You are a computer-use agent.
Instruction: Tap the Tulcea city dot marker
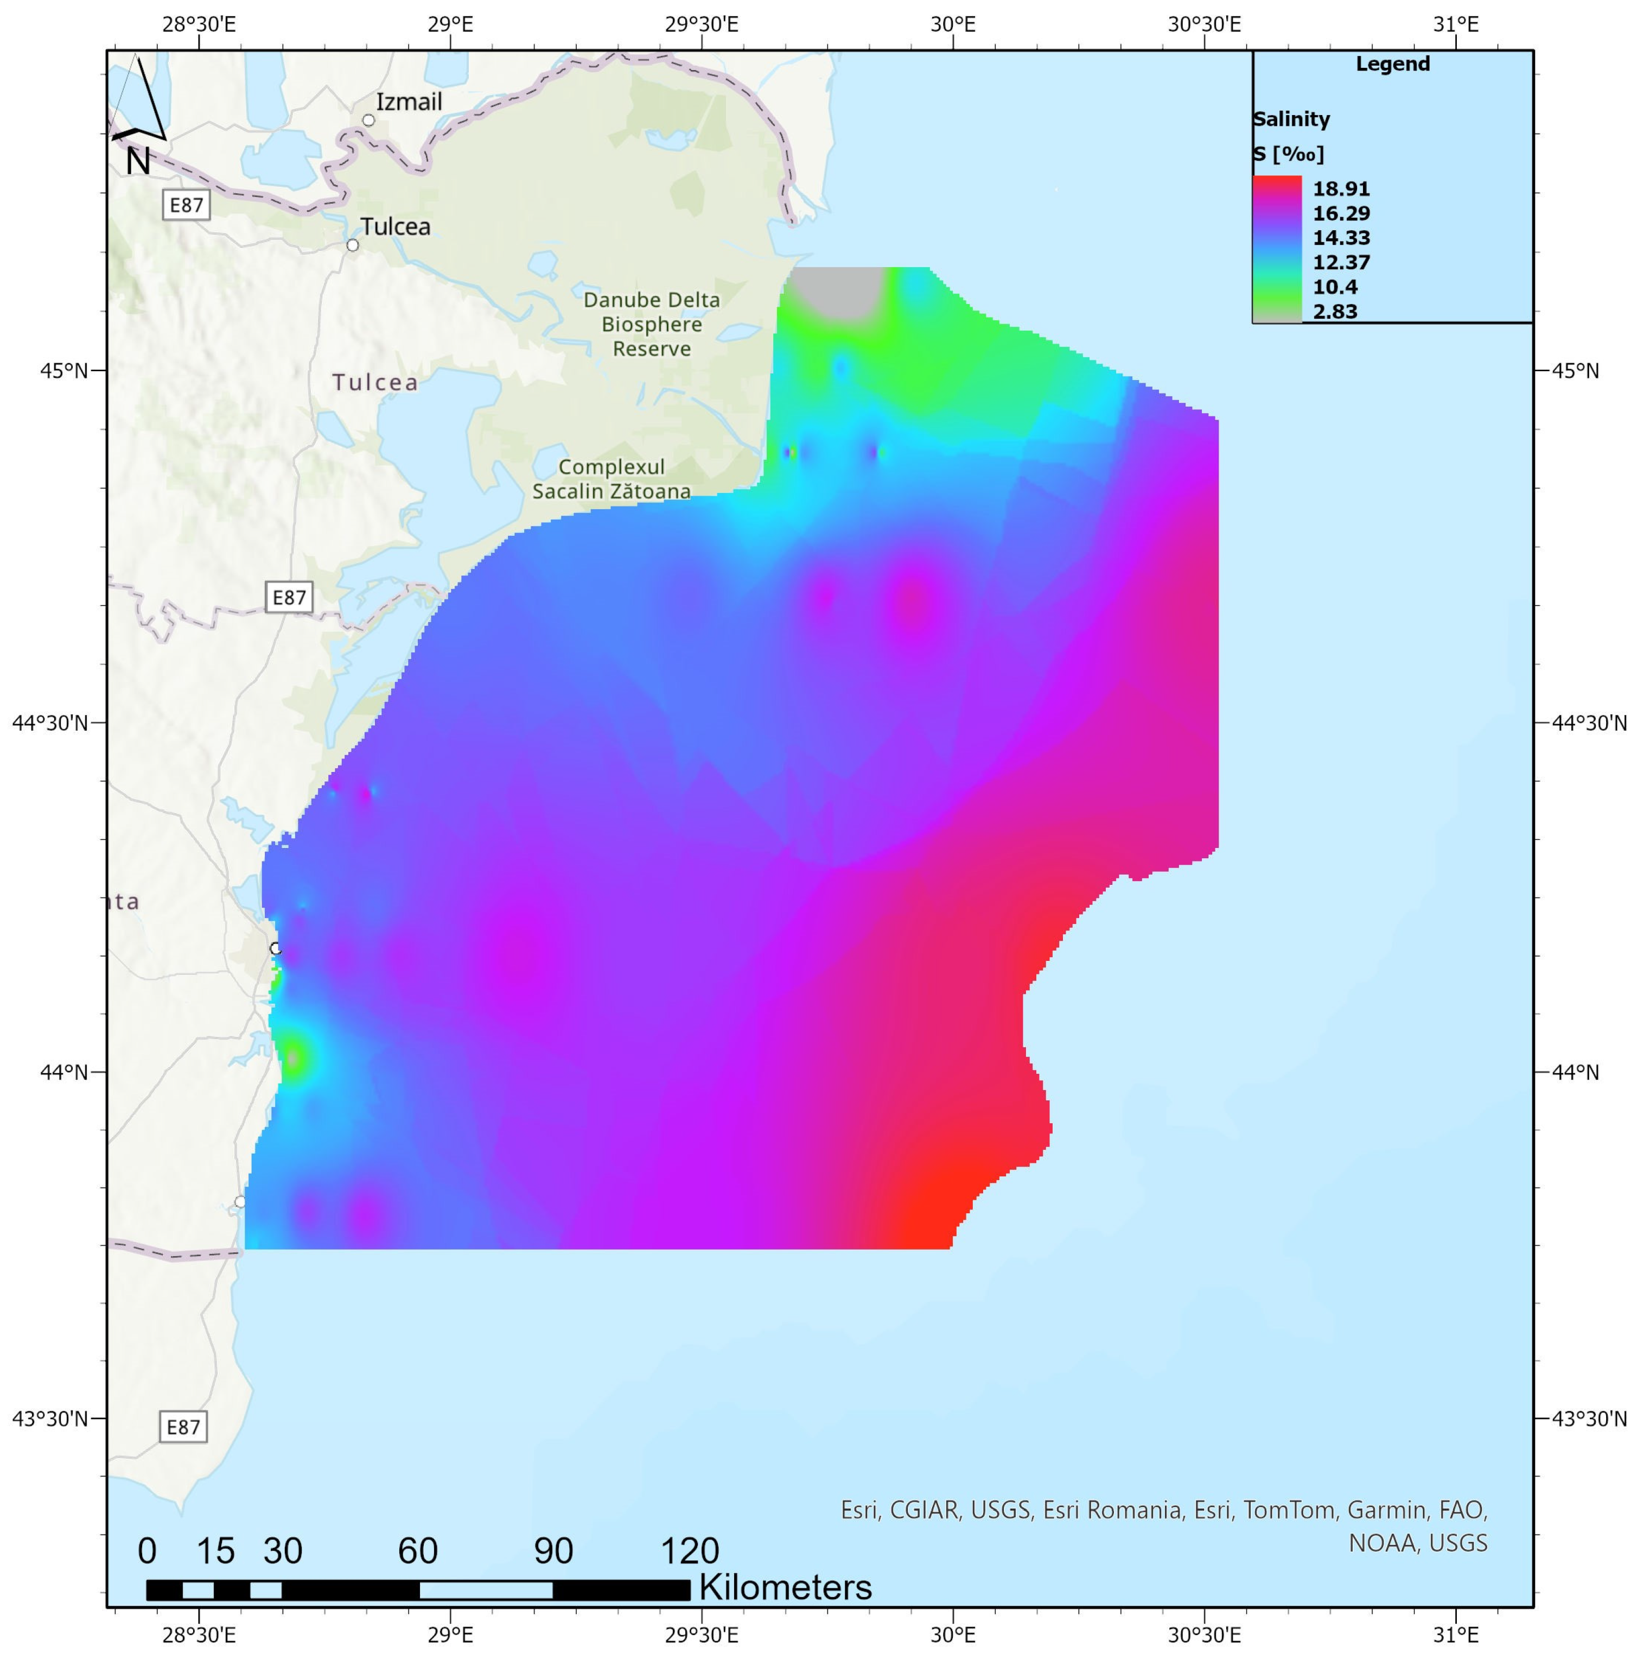(x=352, y=245)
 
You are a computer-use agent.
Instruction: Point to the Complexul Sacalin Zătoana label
(x=611, y=479)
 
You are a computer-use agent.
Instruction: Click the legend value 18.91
(x=1341, y=189)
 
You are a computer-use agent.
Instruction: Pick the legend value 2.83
(x=1335, y=312)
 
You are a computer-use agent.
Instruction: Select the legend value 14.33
(x=1341, y=238)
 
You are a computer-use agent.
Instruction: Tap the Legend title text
(x=1392, y=65)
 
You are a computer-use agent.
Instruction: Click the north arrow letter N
(x=137, y=161)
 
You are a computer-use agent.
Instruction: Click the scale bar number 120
(x=689, y=1551)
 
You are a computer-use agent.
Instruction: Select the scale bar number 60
(x=418, y=1551)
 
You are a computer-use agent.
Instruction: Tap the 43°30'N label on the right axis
(x=1589, y=1419)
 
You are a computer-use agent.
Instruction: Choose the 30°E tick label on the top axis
(x=953, y=24)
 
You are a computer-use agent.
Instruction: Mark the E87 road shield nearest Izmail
(x=186, y=205)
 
